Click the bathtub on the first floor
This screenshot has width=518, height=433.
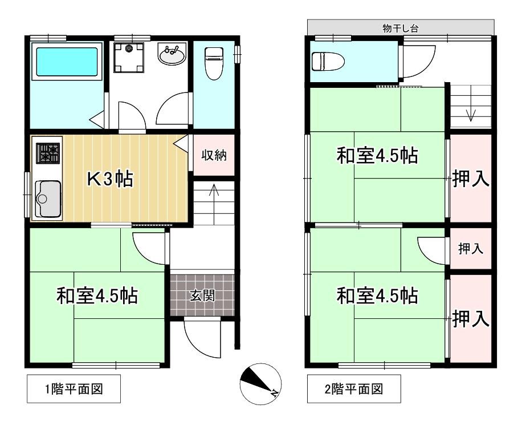pos(67,62)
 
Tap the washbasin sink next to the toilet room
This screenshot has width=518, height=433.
pos(172,56)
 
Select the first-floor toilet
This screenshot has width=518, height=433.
pos(213,62)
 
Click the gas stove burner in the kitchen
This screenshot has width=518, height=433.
pos(48,153)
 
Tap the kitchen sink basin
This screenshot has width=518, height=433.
pos(48,199)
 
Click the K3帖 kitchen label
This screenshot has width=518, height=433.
pos(110,179)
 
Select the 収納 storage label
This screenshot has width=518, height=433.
pos(214,155)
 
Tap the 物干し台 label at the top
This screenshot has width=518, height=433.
pos(400,27)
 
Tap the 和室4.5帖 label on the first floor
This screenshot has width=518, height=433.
pos(96,296)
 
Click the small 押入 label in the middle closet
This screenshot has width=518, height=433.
pos(471,249)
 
